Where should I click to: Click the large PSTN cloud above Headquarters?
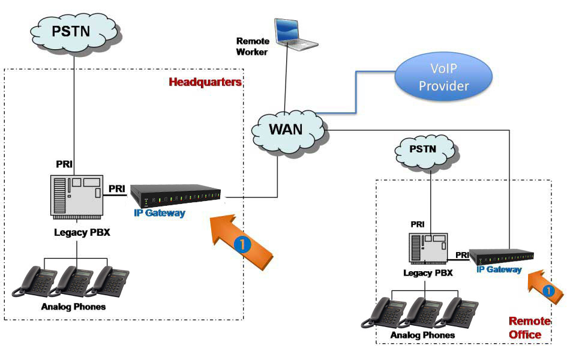tap(73, 30)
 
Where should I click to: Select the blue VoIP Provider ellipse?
tap(443, 79)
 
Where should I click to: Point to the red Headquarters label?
tap(205, 82)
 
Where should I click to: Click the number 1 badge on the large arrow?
tap(241, 244)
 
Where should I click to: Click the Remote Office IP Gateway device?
tap(502, 256)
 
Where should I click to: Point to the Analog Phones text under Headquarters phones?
tap(73, 307)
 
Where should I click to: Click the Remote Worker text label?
tap(252, 46)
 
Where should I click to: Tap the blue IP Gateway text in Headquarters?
tap(159, 213)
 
